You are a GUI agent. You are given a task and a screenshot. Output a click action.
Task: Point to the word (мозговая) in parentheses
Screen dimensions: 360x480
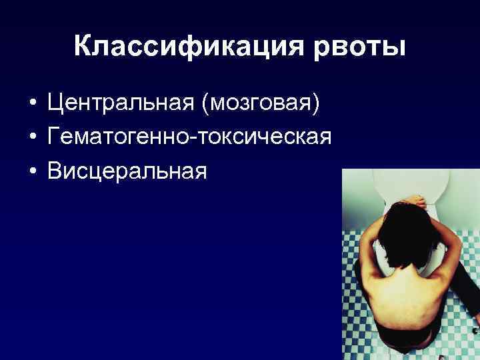coord(265,103)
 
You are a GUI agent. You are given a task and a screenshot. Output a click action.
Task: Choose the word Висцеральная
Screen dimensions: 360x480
coord(127,171)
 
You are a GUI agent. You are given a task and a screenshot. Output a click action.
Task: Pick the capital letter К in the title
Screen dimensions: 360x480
coord(83,46)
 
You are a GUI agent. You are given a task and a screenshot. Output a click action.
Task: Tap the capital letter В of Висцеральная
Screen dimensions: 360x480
coord(54,171)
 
